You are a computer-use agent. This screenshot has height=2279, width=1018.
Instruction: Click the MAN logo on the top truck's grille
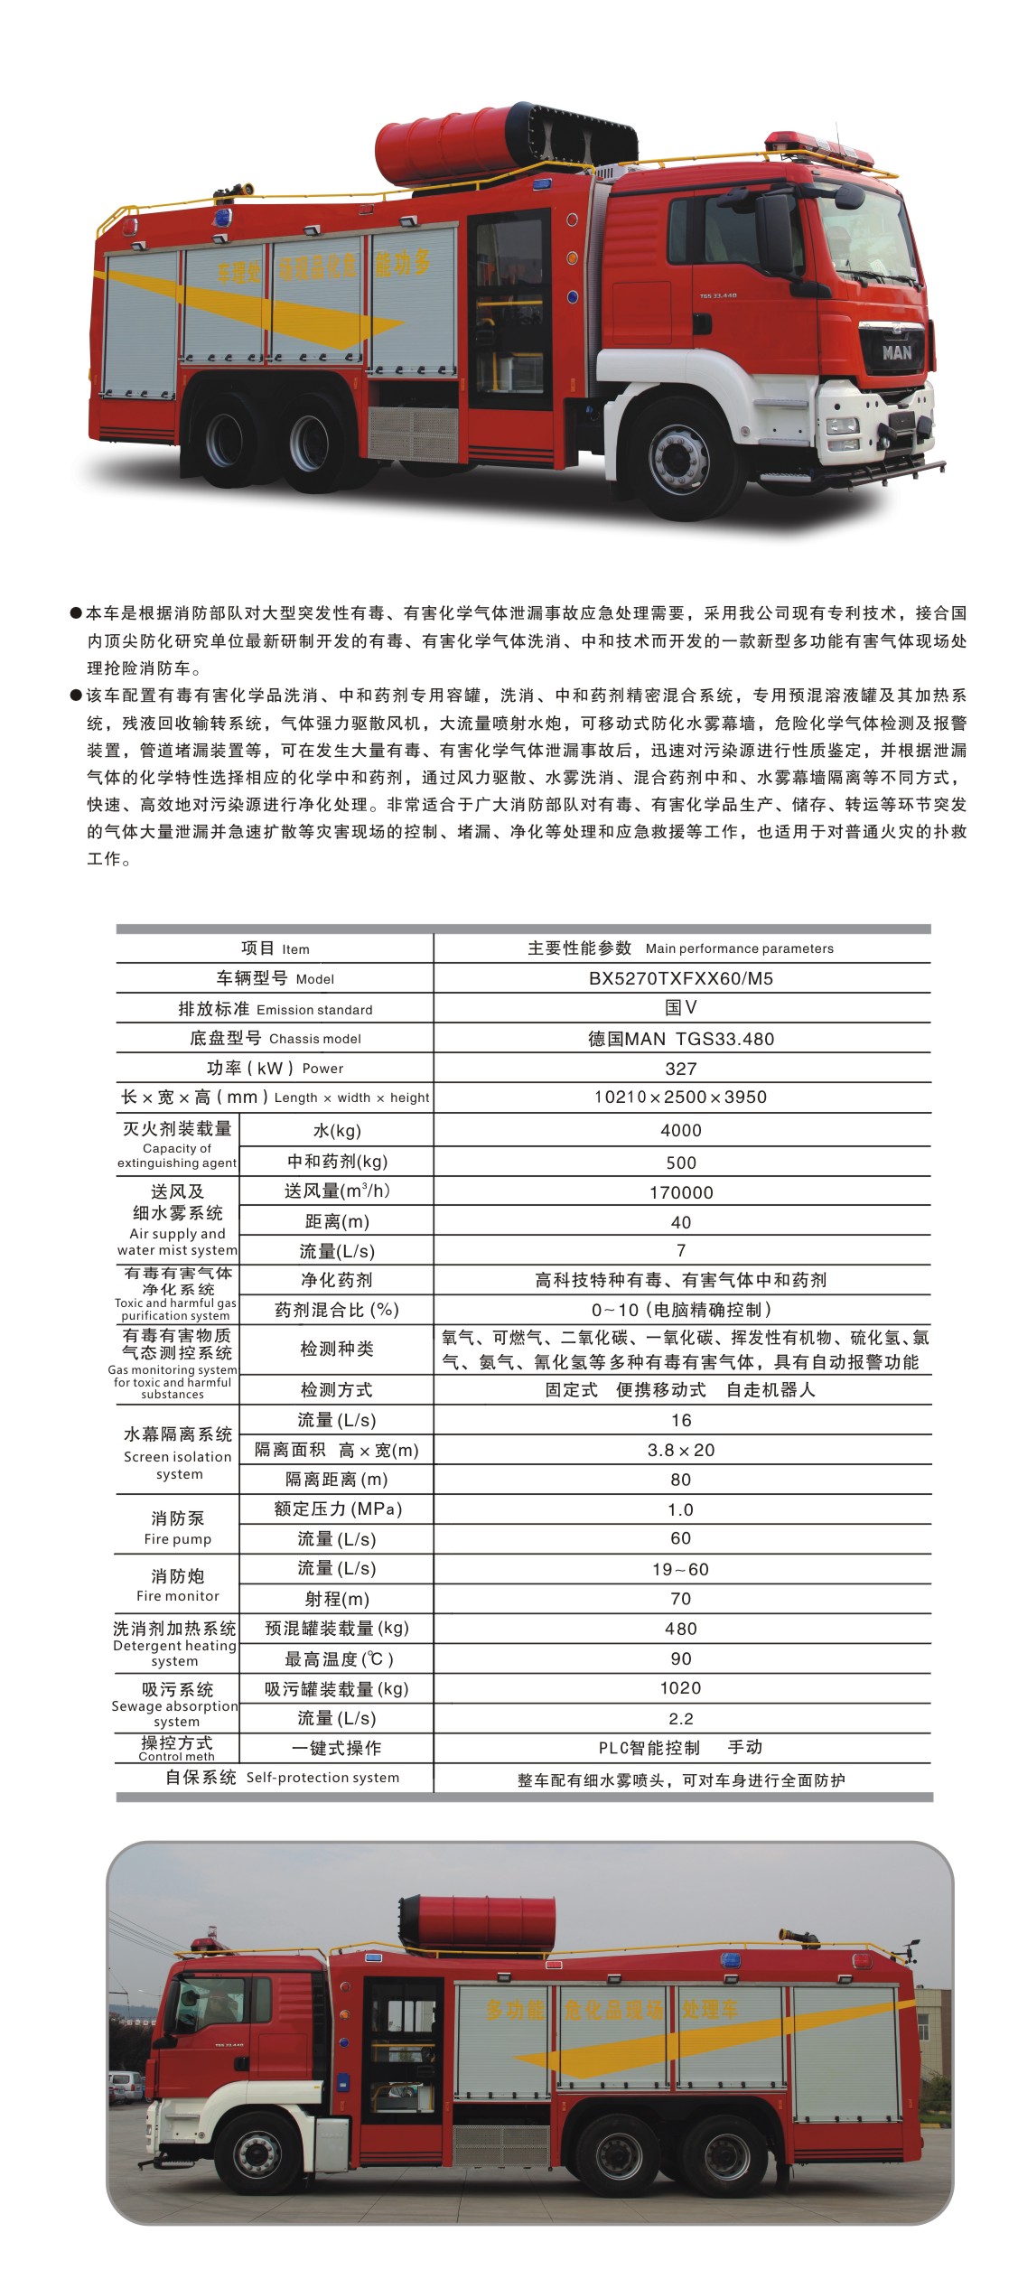click(896, 352)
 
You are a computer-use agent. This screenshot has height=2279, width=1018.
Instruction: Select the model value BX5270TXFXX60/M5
click(680, 978)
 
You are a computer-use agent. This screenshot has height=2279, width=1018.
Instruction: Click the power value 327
click(680, 1069)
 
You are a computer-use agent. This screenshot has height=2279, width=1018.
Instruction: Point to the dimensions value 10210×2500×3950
click(680, 1097)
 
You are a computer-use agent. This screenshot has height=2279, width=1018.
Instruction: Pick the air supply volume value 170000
click(680, 1192)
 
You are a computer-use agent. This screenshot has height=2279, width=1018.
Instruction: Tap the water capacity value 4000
click(680, 1130)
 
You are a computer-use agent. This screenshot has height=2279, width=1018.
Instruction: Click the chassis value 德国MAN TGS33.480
click(680, 1039)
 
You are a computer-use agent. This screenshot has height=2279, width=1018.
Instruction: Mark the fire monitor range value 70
click(680, 1599)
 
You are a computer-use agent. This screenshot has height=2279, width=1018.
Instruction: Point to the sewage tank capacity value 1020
click(680, 1688)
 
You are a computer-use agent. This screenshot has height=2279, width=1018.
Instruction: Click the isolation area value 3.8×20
click(680, 1450)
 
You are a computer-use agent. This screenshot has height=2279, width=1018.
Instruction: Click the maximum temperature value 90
click(680, 1658)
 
